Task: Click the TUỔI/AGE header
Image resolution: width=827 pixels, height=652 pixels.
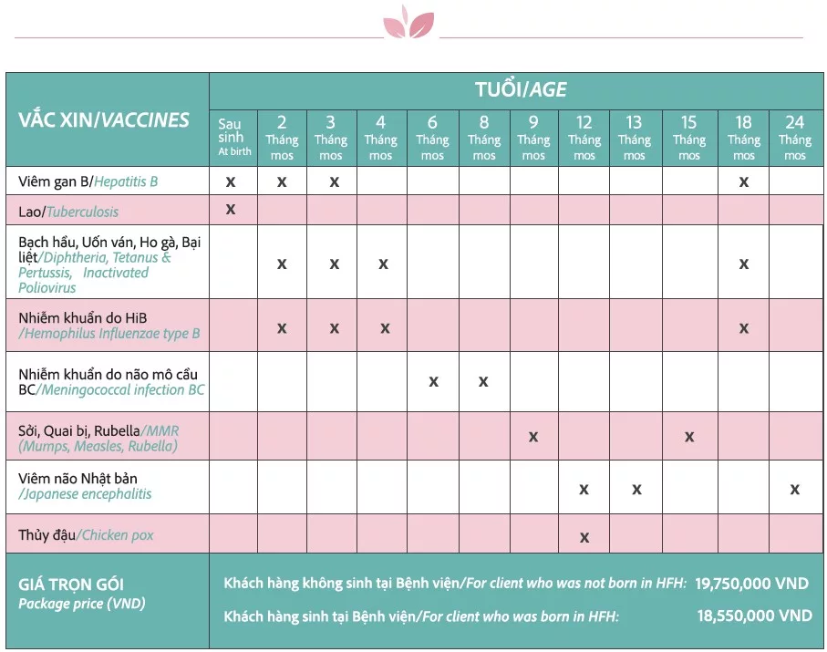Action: pos(521,89)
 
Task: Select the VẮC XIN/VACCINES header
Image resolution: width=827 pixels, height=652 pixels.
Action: pos(104,119)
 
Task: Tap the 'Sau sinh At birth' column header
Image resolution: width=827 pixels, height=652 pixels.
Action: pos(233,137)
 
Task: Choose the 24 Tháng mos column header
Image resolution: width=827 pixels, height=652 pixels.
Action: pos(795,137)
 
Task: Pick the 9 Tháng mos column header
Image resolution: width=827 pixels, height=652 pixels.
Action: pos(533,137)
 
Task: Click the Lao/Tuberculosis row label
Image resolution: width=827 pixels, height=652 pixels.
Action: pos(68,212)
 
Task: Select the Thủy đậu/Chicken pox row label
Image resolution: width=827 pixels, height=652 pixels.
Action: pos(86,535)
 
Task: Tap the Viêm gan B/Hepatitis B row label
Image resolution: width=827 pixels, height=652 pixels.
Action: pos(88,181)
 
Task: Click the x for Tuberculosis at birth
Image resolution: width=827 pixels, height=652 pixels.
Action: pos(231,210)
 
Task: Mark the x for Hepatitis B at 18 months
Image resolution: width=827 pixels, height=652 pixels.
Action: pos(744,181)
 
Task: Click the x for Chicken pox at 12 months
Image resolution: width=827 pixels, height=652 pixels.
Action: pos(584,537)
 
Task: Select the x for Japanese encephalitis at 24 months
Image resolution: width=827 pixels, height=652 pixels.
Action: pos(795,490)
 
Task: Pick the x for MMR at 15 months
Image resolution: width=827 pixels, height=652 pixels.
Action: pos(689,437)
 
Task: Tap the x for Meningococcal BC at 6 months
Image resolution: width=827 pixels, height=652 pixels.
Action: pos(433,381)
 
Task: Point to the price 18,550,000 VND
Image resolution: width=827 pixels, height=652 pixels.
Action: pos(754,616)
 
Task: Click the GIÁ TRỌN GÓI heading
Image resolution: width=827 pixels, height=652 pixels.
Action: pos(71,585)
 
